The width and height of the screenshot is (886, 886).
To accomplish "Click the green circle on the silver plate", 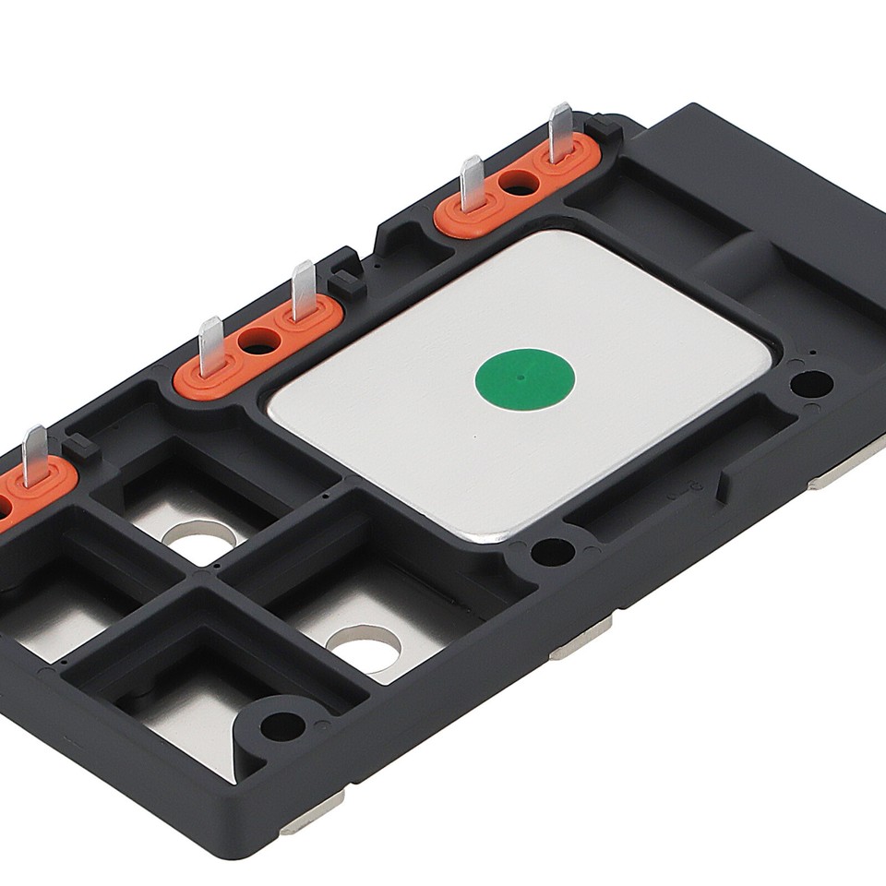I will tap(524, 378).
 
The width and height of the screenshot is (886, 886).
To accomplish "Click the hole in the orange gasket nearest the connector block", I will tap(519, 182).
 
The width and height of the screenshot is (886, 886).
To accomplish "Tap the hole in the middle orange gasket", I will tap(258, 342).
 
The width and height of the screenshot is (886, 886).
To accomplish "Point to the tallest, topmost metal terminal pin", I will tap(560, 132).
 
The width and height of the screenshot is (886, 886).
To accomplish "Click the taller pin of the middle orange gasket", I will tap(304, 290).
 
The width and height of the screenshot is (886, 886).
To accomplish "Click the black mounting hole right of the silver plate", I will tap(811, 382).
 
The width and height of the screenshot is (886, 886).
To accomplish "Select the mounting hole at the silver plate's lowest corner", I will tap(552, 551).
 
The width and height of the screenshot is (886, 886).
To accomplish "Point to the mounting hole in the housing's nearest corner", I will tap(281, 725).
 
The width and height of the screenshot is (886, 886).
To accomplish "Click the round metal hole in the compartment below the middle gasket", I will tap(202, 542).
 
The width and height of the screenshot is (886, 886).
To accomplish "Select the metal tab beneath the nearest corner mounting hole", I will tap(312, 814).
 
